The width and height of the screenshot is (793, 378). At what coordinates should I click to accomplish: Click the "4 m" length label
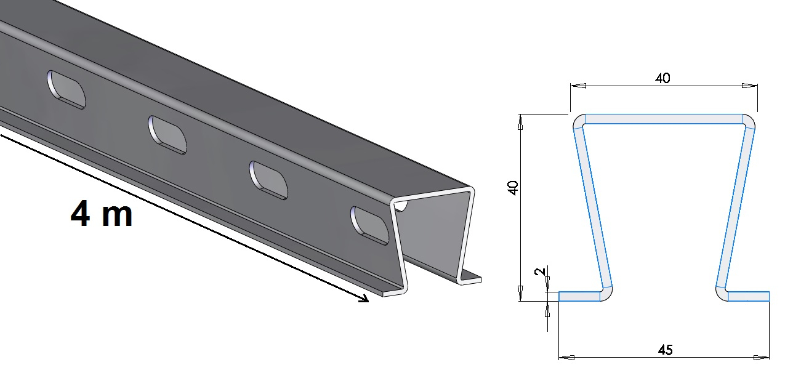tap(102, 214)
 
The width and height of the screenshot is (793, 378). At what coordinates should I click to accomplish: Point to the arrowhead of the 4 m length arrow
tap(363, 299)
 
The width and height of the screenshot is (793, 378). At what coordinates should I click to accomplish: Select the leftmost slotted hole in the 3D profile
tap(66, 90)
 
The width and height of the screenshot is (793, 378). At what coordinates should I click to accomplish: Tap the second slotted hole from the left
tap(167, 134)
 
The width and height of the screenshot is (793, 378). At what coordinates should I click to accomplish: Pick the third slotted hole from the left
tap(268, 179)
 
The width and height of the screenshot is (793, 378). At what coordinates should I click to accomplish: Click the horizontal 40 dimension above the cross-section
tap(662, 78)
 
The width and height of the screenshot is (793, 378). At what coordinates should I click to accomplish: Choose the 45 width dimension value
tap(665, 350)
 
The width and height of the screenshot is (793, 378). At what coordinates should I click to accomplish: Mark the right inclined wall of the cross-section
tap(736, 206)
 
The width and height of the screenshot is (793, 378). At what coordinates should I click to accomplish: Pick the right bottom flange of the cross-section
tap(749, 296)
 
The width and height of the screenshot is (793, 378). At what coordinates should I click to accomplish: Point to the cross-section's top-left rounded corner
tap(579, 121)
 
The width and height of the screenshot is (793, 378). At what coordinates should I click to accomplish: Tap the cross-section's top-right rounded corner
tap(749, 121)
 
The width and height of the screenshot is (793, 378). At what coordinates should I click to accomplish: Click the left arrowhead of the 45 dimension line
tap(563, 356)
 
